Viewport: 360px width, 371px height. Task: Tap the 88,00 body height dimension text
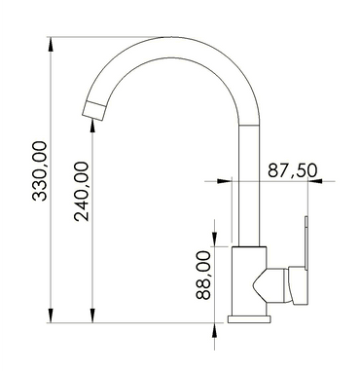coord(203,277)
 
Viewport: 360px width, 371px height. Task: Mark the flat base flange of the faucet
coord(251,318)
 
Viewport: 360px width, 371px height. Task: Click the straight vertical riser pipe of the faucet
coord(250,195)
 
